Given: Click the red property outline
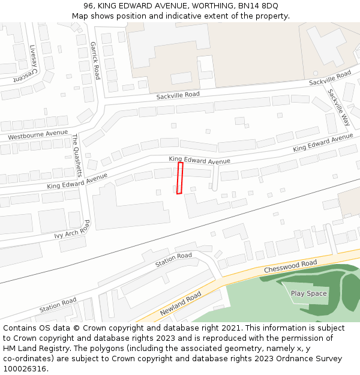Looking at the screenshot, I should [x=180, y=178].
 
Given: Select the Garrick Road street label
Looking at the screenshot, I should [x=95, y=60].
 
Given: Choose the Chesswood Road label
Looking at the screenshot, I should [x=290, y=266].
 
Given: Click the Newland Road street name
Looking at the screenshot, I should [x=181, y=304].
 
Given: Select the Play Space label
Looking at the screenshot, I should [x=308, y=293].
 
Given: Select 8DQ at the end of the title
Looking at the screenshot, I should [x=268, y=6].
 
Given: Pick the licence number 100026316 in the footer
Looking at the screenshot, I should [x=25, y=368].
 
